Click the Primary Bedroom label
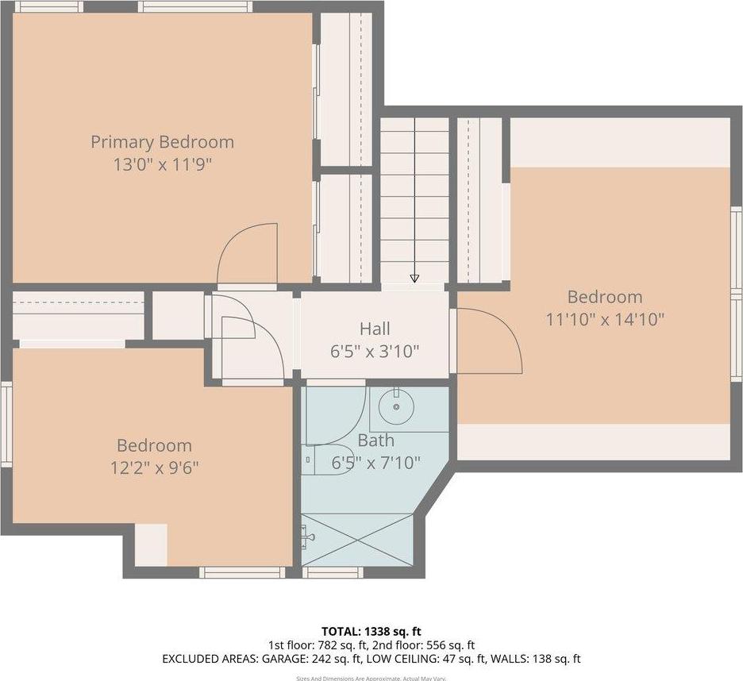pos(162,142)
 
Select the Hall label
pos(375,329)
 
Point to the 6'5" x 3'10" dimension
pos(375,351)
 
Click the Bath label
pos(375,441)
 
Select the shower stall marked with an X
pos(357,540)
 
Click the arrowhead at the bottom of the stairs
pos(414,278)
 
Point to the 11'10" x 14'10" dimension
pos(605,319)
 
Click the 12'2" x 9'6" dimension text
pos(154,467)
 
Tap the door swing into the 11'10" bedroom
pos(488,341)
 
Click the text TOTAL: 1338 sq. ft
pos(371,631)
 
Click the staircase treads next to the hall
pos(414,198)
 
